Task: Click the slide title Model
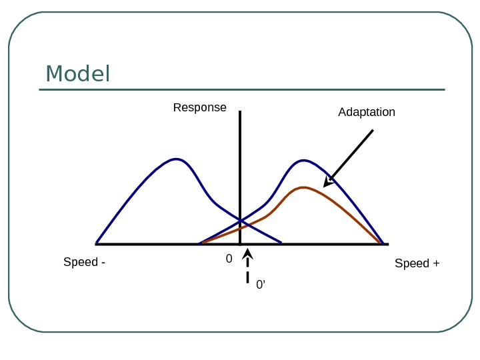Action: pos(77,74)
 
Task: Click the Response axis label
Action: pos(199,107)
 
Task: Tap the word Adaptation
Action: pos(367,112)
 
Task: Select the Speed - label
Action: pos(84,263)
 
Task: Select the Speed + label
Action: pos(417,263)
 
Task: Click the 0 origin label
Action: pos(229,259)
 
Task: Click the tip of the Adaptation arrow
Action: pos(325,186)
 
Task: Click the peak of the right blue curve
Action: pos(304,160)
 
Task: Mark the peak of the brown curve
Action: pos(304,187)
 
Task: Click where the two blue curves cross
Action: pos(240,221)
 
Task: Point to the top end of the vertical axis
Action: pos(239,112)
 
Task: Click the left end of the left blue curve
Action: pos(97,243)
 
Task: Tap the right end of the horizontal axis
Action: pos(387,244)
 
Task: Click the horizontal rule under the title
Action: pos(241,89)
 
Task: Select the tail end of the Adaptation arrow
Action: pos(373,130)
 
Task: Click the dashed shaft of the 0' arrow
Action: pos(247,275)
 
